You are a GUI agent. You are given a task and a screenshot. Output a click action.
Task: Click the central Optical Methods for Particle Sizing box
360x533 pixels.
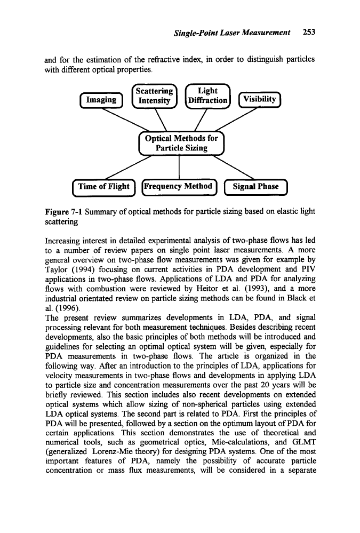coord(181,143)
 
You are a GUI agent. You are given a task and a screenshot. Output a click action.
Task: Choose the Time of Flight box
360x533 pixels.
coord(103,186)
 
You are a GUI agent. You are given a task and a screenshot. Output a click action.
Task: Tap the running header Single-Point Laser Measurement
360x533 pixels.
coord(233,32)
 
